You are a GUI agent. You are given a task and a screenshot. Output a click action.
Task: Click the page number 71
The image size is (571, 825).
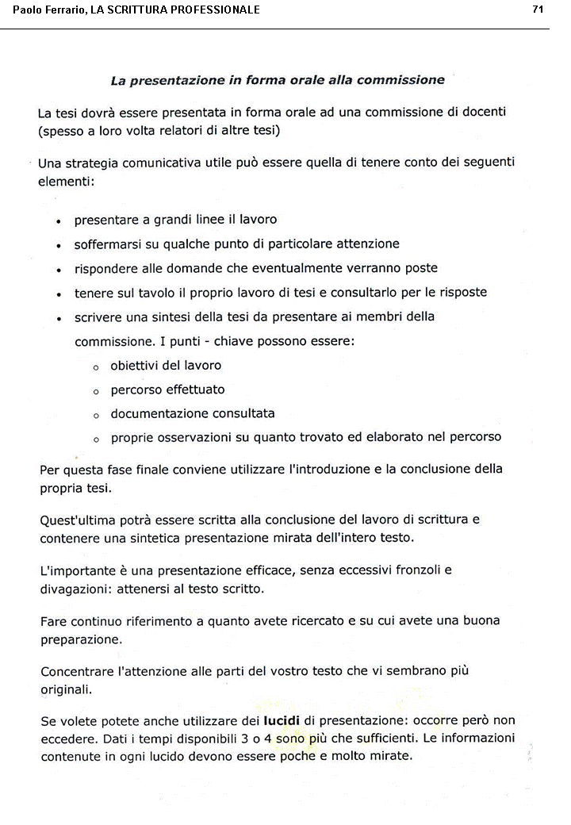coord(538,10)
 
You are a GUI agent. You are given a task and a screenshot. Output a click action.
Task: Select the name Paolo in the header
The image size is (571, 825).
coord(27,10)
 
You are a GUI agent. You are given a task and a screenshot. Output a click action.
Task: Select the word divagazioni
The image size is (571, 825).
coord(75,589)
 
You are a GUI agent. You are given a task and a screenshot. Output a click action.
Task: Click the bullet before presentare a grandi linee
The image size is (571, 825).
coord(59,221)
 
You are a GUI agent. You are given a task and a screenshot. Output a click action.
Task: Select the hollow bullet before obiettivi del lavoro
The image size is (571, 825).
coord(96,367)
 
